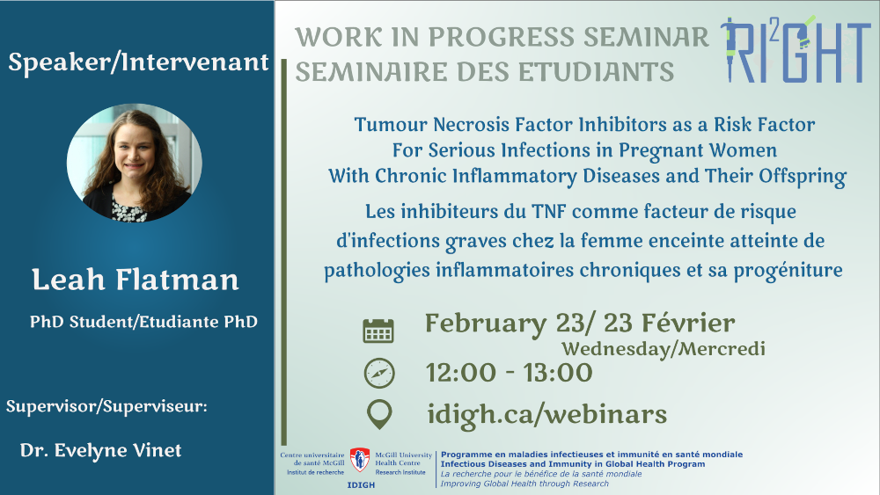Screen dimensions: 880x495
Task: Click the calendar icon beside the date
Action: (378, 331)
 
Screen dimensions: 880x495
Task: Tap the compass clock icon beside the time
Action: (378, 373)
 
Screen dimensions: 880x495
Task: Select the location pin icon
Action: (378, 414)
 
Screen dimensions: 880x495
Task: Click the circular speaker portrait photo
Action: (134, 163)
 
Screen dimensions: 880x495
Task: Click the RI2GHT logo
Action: (795, 49)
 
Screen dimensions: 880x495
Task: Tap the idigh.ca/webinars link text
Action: (546, 414)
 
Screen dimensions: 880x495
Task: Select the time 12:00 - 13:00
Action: (509, 373)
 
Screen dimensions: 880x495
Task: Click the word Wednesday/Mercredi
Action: (664, 349)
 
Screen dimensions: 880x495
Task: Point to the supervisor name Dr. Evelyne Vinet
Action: (100, 450)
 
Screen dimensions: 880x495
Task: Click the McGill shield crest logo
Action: (360, 460)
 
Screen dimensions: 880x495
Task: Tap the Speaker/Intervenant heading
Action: (139, 62)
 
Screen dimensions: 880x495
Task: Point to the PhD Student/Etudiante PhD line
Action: (143, 322)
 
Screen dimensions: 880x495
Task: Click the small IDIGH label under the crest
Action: (361, 485)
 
